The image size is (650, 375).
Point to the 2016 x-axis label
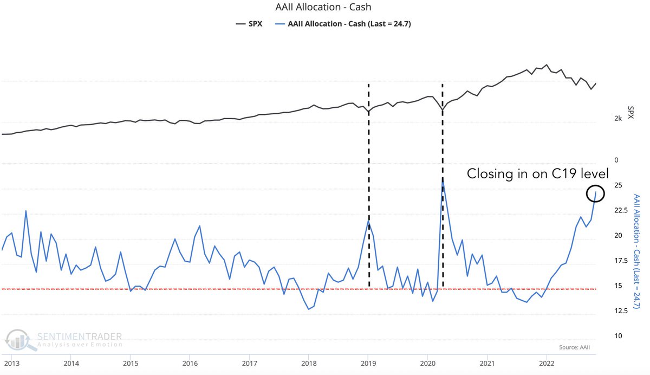189,363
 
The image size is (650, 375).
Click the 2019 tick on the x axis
368,363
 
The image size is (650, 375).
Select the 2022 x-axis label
547,363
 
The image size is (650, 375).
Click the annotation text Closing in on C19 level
538,174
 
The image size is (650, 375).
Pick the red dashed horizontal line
217,289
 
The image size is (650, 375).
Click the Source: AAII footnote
575,347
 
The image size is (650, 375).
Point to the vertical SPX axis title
630,112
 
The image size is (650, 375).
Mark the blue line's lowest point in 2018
309,309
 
